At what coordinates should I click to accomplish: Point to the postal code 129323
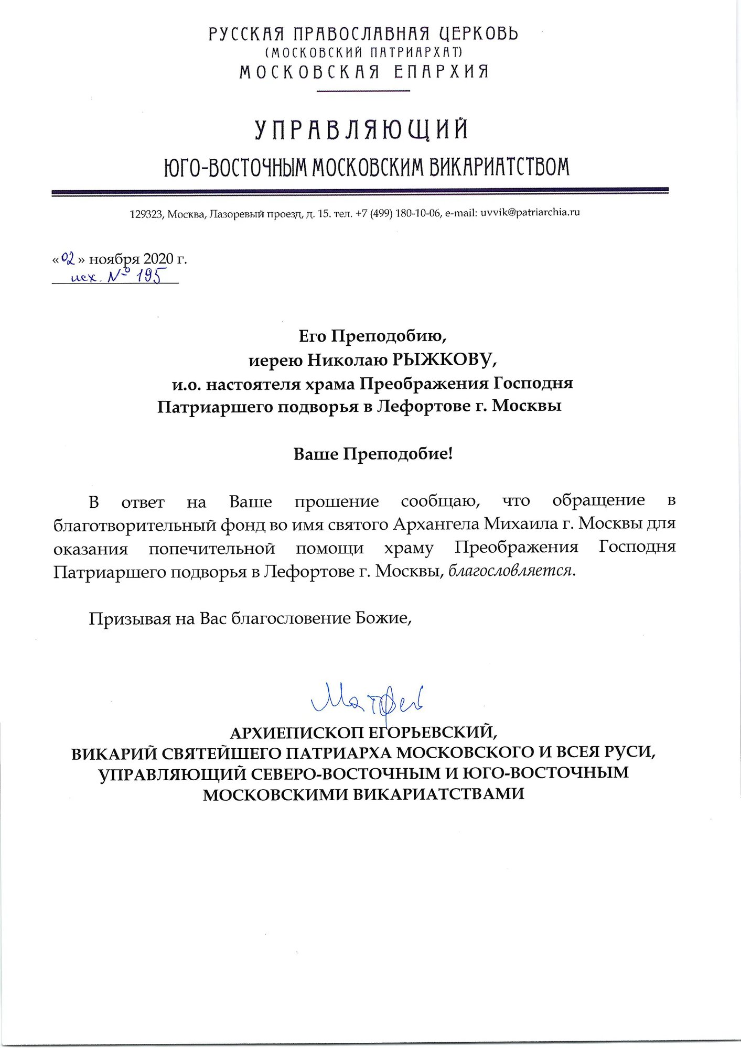[146, 213]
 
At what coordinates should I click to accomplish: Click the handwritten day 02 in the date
[69, 258]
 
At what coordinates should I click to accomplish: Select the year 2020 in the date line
[158, 259]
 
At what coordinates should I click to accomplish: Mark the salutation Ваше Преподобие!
[372, 454]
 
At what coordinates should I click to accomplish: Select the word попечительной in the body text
[212, 548]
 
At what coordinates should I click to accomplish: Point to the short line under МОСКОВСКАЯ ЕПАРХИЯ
[364, 91]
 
